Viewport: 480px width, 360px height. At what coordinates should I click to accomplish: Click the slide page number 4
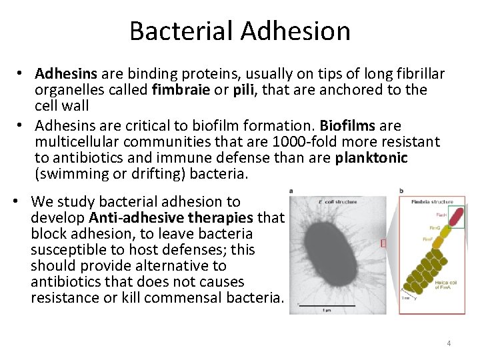[x=449, y=343]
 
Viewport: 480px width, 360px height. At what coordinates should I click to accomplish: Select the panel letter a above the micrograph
[x=291, y=191]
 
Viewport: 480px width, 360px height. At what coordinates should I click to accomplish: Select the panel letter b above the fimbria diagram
[x=401, y=191]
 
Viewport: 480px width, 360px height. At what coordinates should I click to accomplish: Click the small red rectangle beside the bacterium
[x=383, y=243]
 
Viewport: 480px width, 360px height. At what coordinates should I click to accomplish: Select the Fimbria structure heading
[x=431, y=201]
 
